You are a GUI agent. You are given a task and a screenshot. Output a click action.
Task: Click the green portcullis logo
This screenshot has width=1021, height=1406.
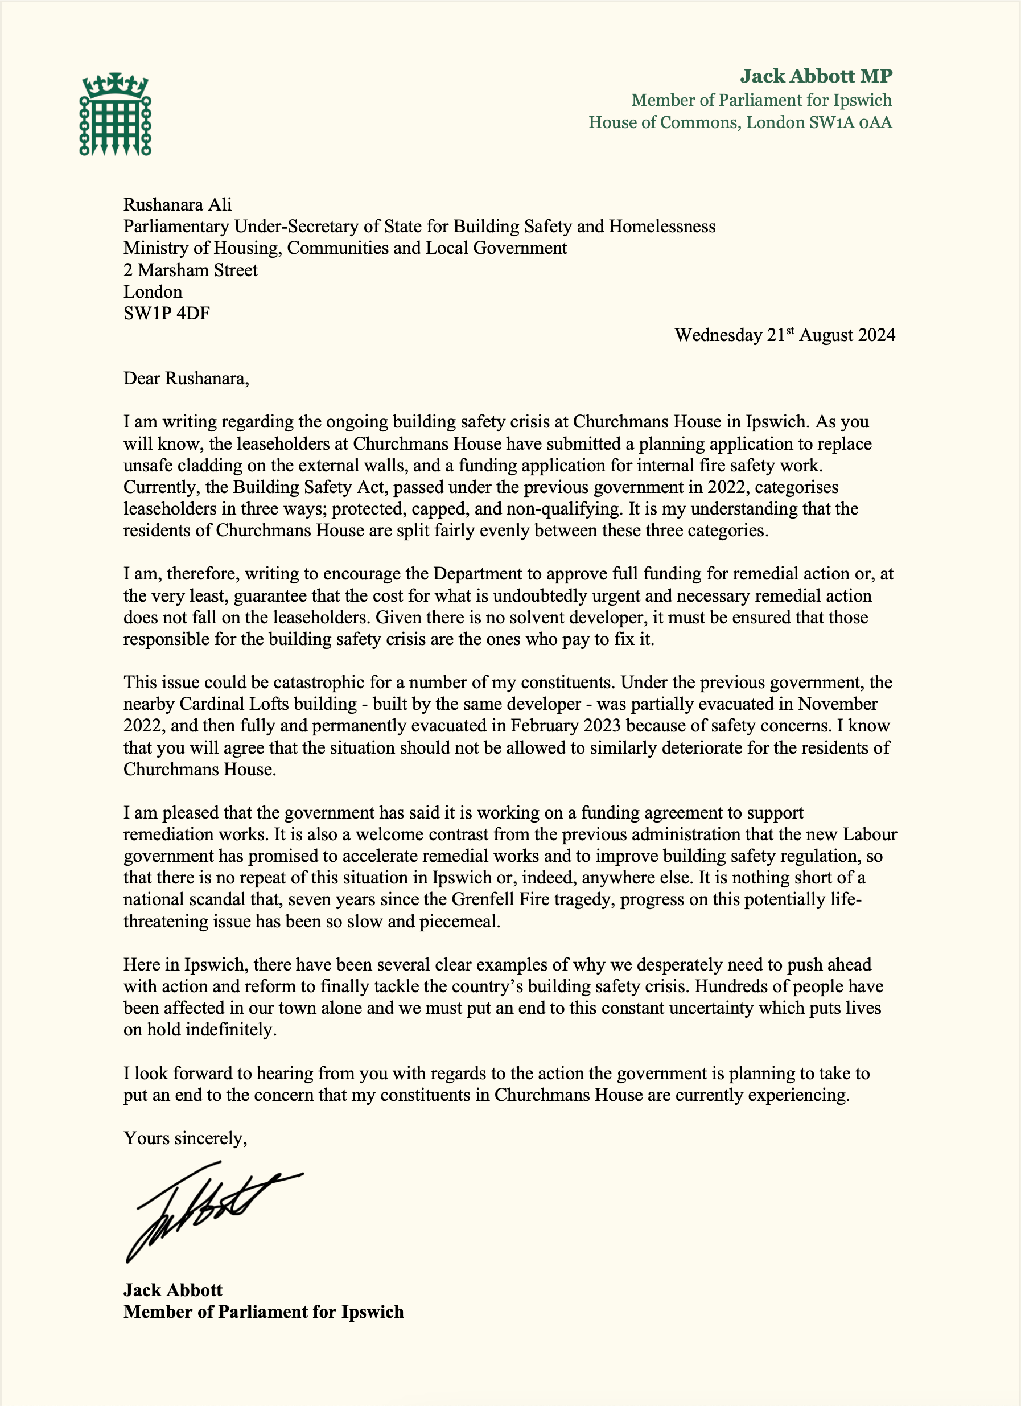pos(116,114)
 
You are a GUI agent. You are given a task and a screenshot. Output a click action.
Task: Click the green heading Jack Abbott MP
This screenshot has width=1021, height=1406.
pos(816,76)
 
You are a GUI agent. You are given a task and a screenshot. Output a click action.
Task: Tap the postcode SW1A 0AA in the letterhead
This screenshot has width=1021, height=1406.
pos(850,122)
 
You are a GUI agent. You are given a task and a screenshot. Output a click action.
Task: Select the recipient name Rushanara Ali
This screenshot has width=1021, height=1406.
pos(178,204)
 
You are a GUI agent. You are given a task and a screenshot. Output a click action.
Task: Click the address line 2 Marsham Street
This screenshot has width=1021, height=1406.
pos(190,270)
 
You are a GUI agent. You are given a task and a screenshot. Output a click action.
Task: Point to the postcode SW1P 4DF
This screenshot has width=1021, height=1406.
pos(166,313)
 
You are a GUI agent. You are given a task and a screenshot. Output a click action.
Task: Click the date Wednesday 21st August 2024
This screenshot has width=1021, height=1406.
pos(784,335)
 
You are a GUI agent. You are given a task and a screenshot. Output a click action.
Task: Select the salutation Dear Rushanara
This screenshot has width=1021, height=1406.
pos(186,378)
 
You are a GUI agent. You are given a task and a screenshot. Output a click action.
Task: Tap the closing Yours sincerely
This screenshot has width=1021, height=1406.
pos(185,1138)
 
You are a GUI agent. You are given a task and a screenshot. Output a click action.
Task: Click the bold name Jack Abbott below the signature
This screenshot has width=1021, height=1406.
pos(172,1290)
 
